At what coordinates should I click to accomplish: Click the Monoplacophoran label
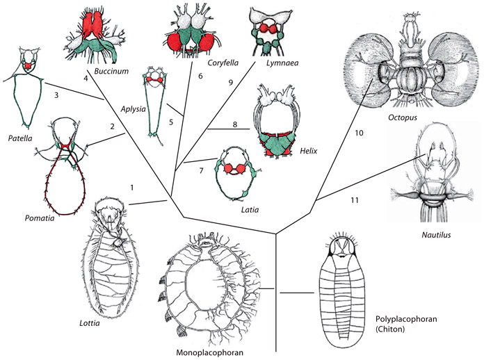coord(213,353)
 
